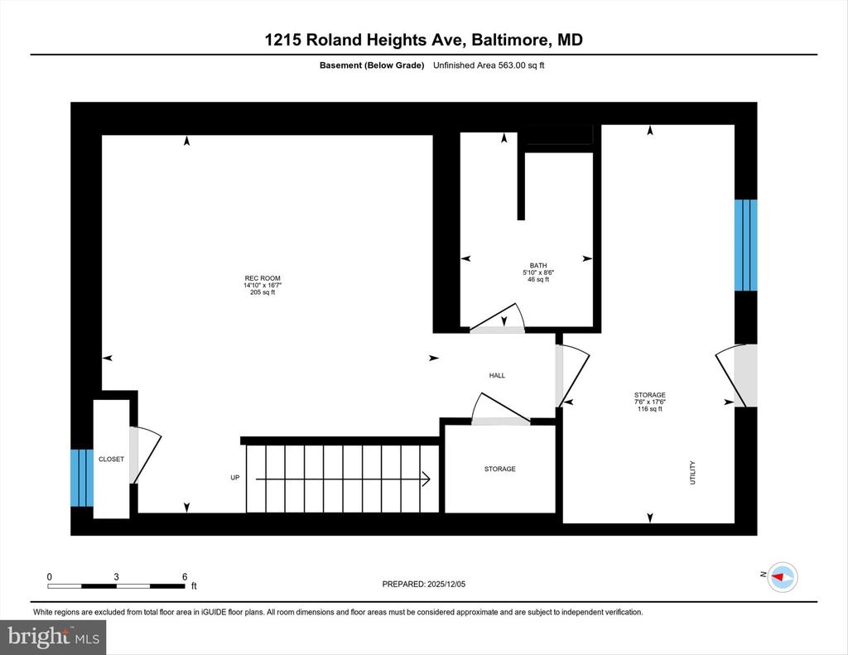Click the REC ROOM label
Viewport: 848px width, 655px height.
[x=263, y=278]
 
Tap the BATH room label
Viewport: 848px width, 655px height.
[x=538, y=266]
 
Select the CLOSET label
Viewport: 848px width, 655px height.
[x=112, y=460]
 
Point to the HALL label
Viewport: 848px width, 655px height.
[x=497, y=375]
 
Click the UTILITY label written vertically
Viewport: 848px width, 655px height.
[x=693, y=473]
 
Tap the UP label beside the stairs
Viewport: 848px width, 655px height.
[x=234, y=478]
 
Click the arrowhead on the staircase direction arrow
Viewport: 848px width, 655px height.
[x=426, y=479]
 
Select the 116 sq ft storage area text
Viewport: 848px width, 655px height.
[x=649, y=409]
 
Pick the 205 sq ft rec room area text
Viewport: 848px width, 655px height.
[x=263, y=292]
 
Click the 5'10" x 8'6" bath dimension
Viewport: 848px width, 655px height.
[x=538, y=272]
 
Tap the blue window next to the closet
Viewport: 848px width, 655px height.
[x=82, y=478]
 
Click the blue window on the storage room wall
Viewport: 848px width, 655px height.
[x=746, y=245]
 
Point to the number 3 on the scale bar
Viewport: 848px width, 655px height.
[x=116, y=577]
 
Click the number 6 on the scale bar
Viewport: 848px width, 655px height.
[x=185, y=577]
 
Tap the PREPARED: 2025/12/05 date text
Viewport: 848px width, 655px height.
[x=423, y=584]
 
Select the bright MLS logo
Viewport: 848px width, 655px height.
[x=53, y=637]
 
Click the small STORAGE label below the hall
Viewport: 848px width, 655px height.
[x=499, y=469]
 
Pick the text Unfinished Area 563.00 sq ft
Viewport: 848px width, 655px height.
[x=489, y=65]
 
